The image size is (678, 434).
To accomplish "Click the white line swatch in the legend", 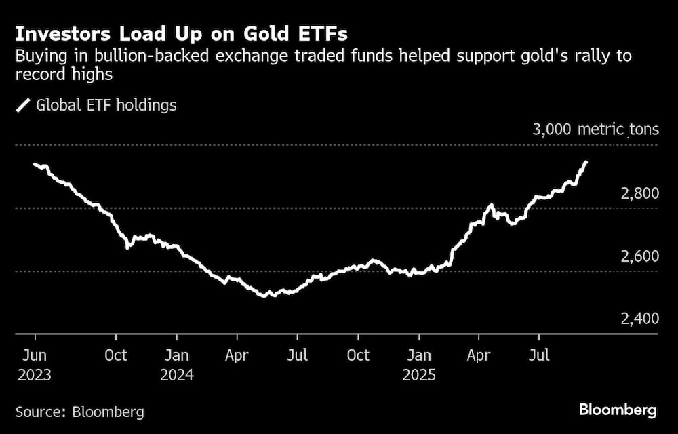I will point(23,105).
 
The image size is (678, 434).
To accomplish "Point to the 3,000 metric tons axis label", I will point(595,129).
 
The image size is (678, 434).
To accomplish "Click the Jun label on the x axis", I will point(35,355).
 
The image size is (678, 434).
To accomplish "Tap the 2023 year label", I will point(35,374).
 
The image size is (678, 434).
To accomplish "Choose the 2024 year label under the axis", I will point(177,374).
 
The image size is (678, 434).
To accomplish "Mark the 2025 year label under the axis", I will point(419,374).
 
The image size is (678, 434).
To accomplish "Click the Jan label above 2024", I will point(177,355).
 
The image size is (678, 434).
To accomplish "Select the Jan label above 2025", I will point(419,355).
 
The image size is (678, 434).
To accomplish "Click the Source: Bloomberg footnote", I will point(80,412).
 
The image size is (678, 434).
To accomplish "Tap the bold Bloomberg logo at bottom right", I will point(618,410).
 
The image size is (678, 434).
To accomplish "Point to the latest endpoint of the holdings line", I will point(586,163).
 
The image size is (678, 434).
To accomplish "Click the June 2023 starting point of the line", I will point(35,164).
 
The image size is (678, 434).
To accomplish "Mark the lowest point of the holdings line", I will point(266,296).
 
